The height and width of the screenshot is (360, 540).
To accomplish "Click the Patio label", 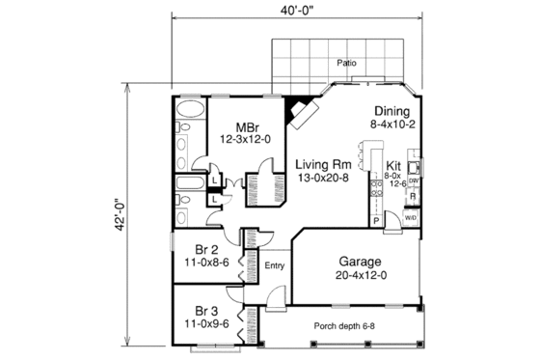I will point(347,63).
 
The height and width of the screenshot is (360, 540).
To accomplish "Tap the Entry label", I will point(274,266).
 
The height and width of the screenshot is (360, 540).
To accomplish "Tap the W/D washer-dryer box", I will point(411,217).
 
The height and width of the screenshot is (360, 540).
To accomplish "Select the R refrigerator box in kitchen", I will point(412,197).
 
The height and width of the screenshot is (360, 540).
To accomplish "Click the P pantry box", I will point(375,220).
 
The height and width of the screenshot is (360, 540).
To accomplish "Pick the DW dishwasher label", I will point(412,180).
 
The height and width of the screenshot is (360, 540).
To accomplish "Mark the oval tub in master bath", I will point(187,125).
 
